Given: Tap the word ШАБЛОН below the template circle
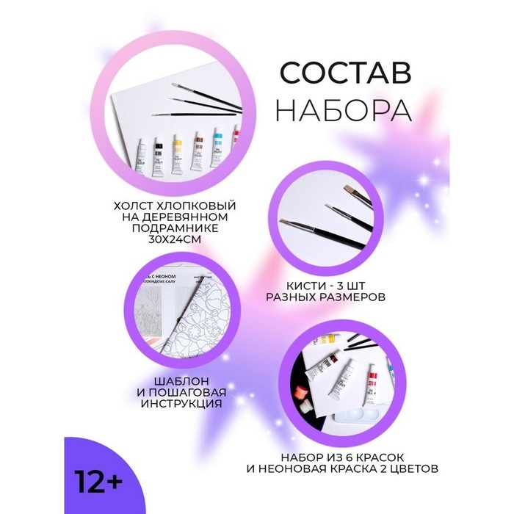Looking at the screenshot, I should point(173,380).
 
